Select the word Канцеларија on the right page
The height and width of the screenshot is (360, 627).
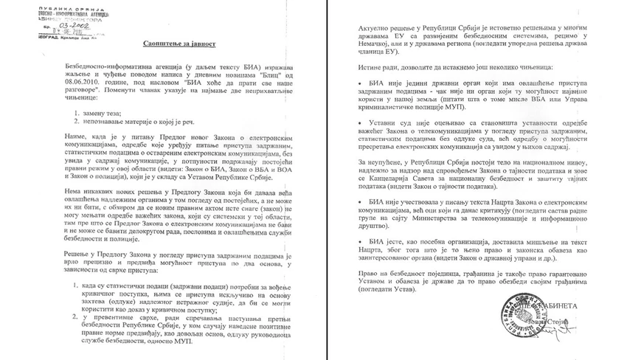coord(398,179)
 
